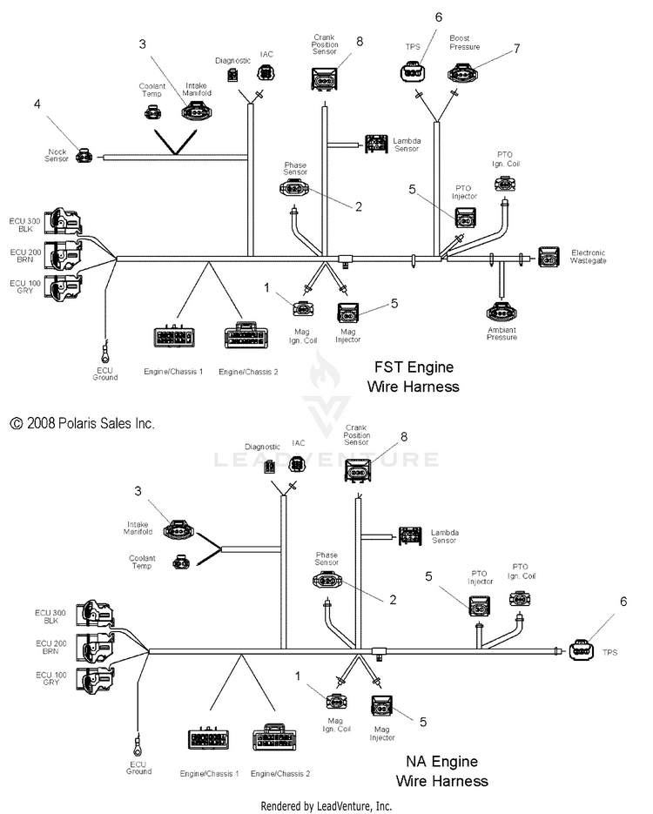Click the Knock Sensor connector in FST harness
coord(84,155)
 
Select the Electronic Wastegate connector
coord(549,257)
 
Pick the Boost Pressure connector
coord(463,73)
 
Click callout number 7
coord(516,48)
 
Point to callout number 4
coord(37,104)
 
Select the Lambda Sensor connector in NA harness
coord(410,536)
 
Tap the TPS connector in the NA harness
coord(581,650)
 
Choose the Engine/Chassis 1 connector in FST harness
coord(174,336)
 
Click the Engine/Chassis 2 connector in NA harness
coord(274,737)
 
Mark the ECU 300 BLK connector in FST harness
coord(63,222)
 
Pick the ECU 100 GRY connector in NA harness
coord(96,679)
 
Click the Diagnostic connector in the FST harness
coord(232,75)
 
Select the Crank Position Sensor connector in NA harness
coord(357,470)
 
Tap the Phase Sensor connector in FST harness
coord(293,188)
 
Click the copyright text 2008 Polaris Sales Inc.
coord(82,424)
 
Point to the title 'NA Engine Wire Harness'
coord(441,771)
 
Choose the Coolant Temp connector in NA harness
coord(181,562)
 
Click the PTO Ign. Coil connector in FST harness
coord(505,185)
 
